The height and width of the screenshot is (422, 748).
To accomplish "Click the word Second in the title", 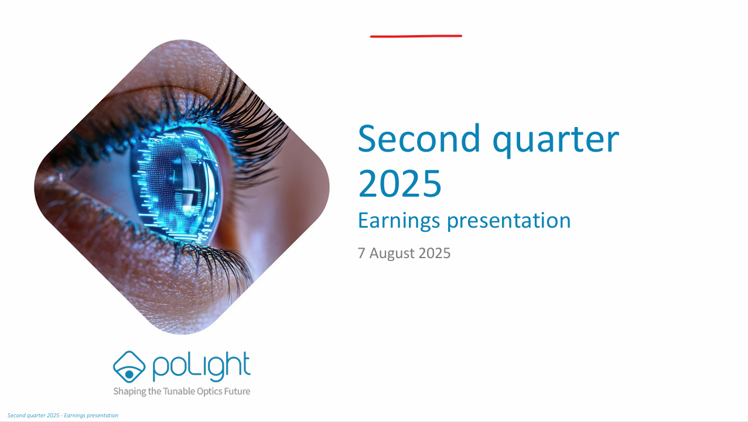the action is click(x=419, y=139).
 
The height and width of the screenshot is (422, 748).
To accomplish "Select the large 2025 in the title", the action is click(x=399, y=183).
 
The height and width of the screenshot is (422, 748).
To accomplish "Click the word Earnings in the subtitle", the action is click(x=399, y=221).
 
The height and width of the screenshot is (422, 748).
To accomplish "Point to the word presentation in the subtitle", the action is click(x=509, y=221).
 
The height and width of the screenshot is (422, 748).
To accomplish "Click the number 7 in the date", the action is click(x=361, y=253).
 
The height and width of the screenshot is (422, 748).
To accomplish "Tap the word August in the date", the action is click(x=392, y=253).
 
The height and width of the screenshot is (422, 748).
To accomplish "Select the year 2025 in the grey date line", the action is click(x=435, y=253).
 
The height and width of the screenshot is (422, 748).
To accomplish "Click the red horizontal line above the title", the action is click(x=416, y=36).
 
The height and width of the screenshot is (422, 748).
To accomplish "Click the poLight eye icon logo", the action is click(x=129, y=366).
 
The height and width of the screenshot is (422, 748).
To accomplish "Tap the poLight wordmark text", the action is click(x=201, y=366).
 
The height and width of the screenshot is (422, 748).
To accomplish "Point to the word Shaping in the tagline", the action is click(x=129, y=392).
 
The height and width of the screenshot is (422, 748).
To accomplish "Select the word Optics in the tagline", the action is click(x=209, y=392).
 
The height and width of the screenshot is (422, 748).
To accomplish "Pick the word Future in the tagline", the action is click(x=237, y=391).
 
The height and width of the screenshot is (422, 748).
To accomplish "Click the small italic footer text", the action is click(x=63, y=416).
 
